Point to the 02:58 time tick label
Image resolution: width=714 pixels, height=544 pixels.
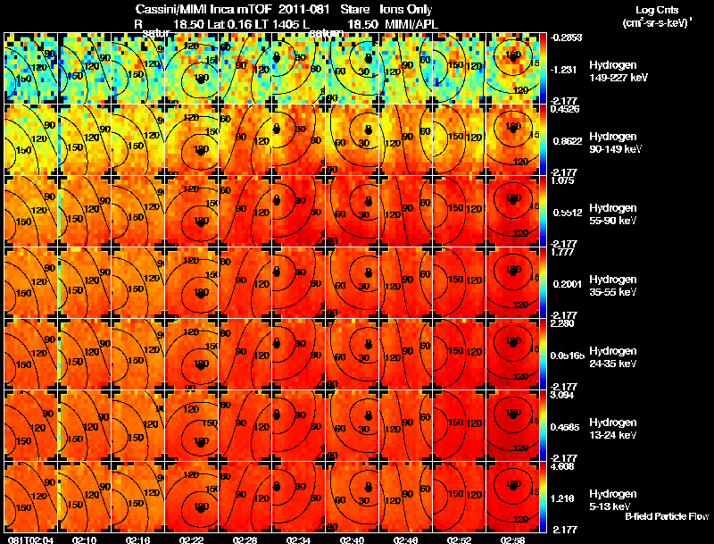(x=513, y=539)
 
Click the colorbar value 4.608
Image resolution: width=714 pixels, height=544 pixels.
(x=565, y=467)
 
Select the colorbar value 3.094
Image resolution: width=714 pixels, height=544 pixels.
(x=565, y=396)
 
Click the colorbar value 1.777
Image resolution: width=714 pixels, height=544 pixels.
(x=565, y=253)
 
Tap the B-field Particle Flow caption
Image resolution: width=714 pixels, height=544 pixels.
(x=666, y=516)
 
